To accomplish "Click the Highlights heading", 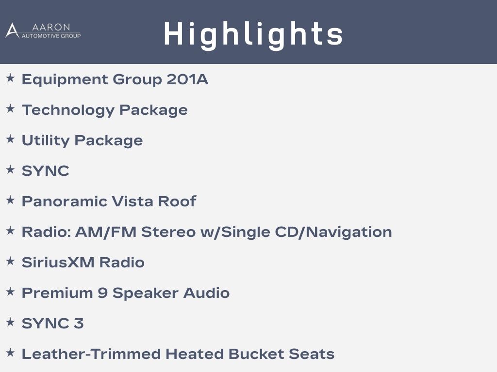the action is pyautogui.click(x=253, y=34).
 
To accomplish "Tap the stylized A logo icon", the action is pyautogui.click(x=12, y=31).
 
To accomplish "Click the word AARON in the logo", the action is pyautogui.click(x=50, y=27).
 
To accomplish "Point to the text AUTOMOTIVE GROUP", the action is pyautogui.click(x=51, y=36).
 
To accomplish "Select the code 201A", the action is pyautogui.click(x=187, y=79).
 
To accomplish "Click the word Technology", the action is pyautogui.click(x=68, y=110).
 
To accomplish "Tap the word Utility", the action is pyautogui.click(x=46, y=141).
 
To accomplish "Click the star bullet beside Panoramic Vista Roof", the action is pyautogui.click(x=10, y=200).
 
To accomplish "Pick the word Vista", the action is pyautogui.click(x=133, y=201).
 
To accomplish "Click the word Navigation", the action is pyautogui.click(x=349, y=232).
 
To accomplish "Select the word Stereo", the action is pyautogui.click(x=168, y=232).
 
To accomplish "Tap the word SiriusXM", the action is pyautogui.click(x=58, y=262).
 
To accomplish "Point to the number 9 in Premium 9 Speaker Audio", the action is pyautogui.click(x=102, y=293).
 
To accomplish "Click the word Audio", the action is pyautogui.click(x=206, y=293).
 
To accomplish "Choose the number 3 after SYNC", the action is pyautogui.click(x=79, y=323).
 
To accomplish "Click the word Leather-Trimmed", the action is pyautogui.click(x=91, y=354).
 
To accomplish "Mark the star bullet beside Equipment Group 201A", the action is pyautogui.click(x=10, y=78).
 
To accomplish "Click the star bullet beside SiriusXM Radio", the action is pyautogui.click(x=10, y=261).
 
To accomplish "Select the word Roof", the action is pyautogui.click(x=177, y=201).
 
